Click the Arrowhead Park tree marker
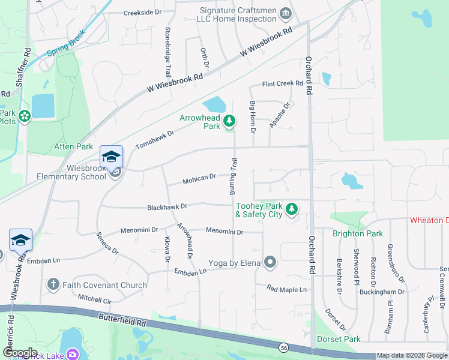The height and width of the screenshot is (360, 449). pyautogui.click(x=229, y=122)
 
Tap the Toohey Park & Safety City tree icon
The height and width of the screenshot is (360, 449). pyautogui.click(x=292, y=209)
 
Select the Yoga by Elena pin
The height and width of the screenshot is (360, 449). pyautogui.click(x=270, y=262)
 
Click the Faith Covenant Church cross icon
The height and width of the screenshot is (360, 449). pyautogui.click(x=53, y=284)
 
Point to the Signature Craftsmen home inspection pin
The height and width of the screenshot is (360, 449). pyautogui.click(x=286, y=13)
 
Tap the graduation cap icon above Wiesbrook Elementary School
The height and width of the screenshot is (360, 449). pyautogui.click(x=111, y=157)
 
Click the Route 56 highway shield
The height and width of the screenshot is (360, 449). pyautogui.click(x=282, y=347)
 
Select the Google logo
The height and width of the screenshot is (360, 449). pyautogui.click(x=19, y=353)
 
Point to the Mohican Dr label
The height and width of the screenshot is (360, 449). pyautogui.click(x=199, y=178)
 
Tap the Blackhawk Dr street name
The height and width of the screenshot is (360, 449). pyautogui.click(x=167, y=206)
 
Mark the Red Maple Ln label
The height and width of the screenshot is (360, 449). pyautogui.click(x=287, y=289)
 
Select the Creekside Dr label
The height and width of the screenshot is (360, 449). pyautogui.click(x=143, y=13)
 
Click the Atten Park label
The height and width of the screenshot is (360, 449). pyautogui.click(x=74, y=146)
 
